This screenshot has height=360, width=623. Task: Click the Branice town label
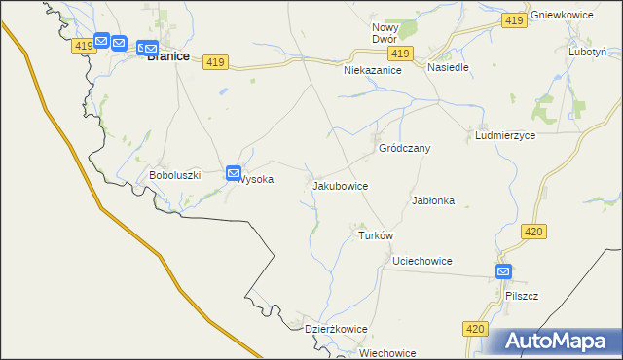pyautogui.click(x=167, y=56)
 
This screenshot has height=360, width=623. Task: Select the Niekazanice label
pyautogui.click(x=373, y=71)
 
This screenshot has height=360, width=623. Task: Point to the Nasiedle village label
pyautogui.click(x=448, y=68)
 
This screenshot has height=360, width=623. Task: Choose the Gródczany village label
pyautogui.click(x=404, y=148)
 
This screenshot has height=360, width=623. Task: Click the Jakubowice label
pyautogui.click(x=340, y=184)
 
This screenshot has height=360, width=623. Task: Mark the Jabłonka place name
pyautogui.click(x=433, y=200)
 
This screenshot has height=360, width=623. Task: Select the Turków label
pyautogui.click(x=375, y=236)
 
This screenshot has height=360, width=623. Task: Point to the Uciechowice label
pyautogui.click(x=421, y=261)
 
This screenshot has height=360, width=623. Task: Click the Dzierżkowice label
pyautogui.click(x=336, y=329)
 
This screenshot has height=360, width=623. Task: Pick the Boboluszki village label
pyautogui.click(x=174, y=175)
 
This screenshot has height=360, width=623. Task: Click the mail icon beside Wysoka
pyautogui.click(x=235, y=174)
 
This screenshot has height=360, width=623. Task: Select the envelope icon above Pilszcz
pyautogui.click(x=503, y=271)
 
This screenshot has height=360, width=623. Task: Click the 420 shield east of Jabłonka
pyautogui.click(x=532, y=232)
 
